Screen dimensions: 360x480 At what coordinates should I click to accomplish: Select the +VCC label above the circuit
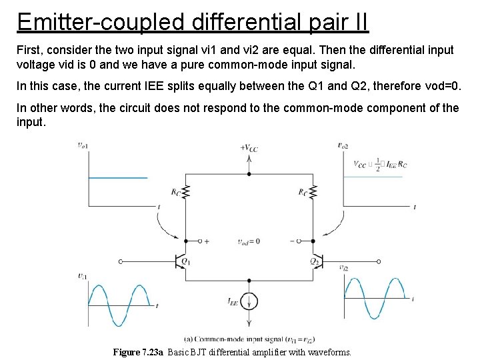point(250,147)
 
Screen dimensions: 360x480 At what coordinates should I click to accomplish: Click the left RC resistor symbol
point(187,193)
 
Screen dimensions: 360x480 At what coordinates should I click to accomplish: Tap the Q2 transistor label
point(313,261)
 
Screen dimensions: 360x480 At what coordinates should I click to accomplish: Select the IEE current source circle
point(249,302)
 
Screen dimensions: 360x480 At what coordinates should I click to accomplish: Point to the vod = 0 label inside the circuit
point(249,241)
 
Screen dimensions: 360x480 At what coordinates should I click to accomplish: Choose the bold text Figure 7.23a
point(139,352)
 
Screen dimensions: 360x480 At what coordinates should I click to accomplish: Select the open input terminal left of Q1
point(120,262)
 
